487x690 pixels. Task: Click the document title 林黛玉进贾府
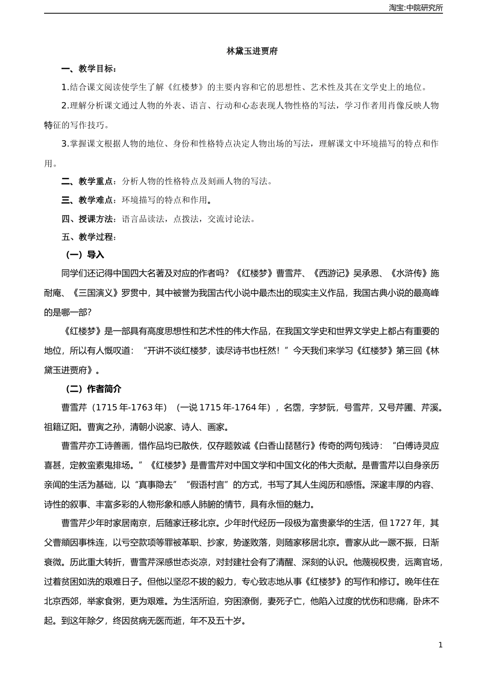point(252,51)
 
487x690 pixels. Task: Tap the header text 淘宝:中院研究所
point(416,8)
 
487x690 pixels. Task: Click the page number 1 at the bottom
point(440,645)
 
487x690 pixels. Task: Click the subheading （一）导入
point(83,255)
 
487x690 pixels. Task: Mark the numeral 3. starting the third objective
point(65,144)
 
